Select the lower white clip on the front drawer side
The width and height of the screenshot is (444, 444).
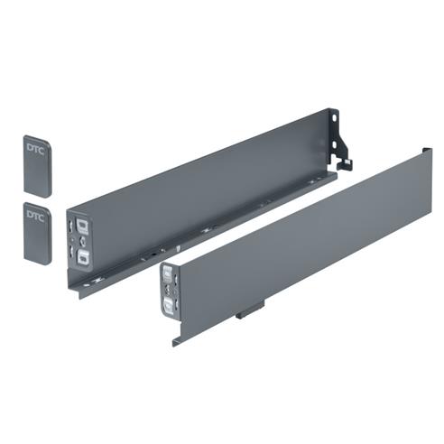click(x=169, y=308)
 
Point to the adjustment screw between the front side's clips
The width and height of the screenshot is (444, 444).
click(x=169, y=291)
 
